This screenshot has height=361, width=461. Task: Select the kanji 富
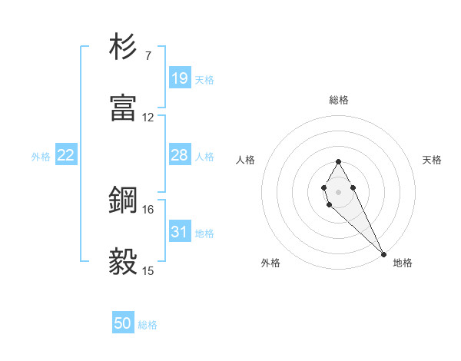click(123, 108)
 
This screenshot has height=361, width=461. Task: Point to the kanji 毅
click(123, 262)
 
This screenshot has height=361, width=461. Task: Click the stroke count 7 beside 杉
click(148, 56)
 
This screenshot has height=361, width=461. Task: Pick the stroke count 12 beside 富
click(148, 118)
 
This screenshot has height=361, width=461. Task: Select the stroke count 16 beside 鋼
click(148, 209)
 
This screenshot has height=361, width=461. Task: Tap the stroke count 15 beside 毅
click(148, 270)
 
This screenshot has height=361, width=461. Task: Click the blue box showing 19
click(179, 78)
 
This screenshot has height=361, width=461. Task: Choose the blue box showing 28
click(179, 155)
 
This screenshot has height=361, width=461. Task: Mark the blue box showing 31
click(179, 231)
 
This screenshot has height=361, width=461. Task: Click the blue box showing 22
click(66, 155)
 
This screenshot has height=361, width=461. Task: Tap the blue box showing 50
click(123, 323)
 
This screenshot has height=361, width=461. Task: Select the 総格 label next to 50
click(148, 325)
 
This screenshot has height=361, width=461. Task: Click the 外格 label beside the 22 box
click(41, 157)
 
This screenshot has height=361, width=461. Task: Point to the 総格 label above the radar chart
click(339, 100)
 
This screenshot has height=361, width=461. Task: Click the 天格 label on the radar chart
click(432, 160)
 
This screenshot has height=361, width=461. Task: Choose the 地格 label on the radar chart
click(403, 263)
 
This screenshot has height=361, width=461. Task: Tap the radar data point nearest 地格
click(383, 253)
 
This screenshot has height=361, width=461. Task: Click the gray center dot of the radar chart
click(338, 191)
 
